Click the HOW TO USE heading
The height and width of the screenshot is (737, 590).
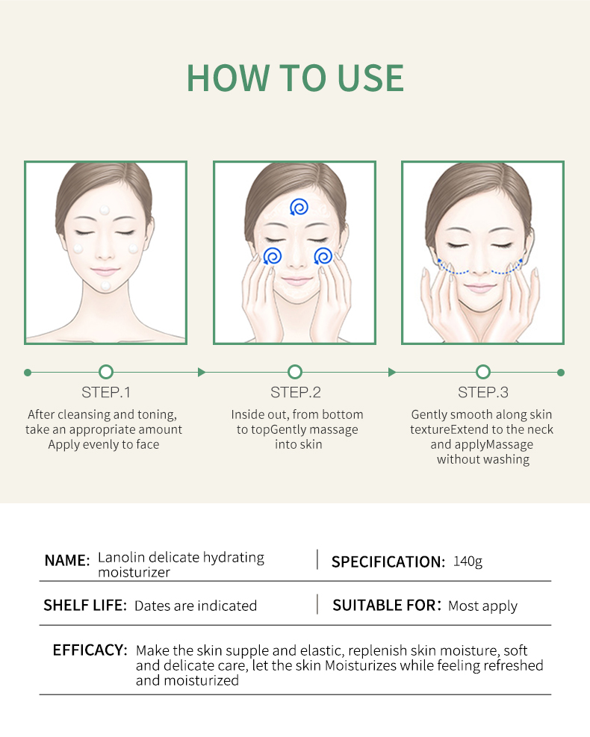click(295, 78)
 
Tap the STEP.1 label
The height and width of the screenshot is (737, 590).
click(106, 392)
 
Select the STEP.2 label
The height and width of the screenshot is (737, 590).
click(295, 392)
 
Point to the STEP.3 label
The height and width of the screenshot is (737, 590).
click(482, 392)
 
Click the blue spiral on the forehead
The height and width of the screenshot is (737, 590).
click(299, 207)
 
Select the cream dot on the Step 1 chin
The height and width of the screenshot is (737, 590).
click(106, 285)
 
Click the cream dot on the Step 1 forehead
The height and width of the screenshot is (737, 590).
click(105, 210)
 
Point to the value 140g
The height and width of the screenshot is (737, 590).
click(468, 562)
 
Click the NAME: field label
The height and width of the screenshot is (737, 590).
click(66, 561)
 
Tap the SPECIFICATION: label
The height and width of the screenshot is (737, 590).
click(388, 562)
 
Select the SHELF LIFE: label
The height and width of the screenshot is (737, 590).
click(85, 606)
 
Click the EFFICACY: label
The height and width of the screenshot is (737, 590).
click(90, 650)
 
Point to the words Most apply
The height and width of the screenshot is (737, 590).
click(482, 606)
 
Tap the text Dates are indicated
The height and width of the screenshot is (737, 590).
click(196, 606)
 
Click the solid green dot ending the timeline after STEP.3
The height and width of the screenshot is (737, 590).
click(560, 373)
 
